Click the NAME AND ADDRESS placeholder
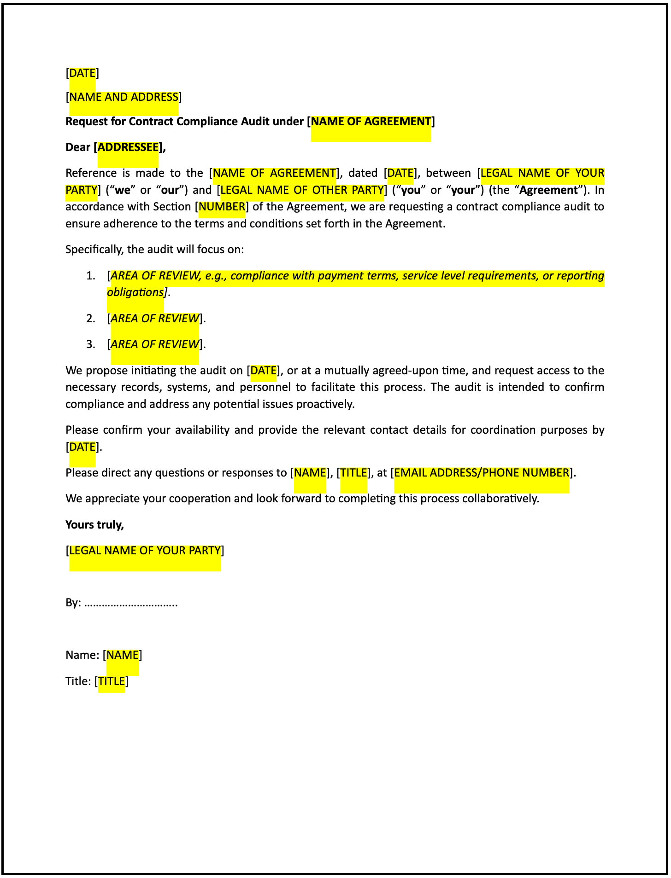[124, 97]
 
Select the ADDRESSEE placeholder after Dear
[128, 147]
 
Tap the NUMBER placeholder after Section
[222, 207]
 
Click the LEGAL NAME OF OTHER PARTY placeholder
[302, 190]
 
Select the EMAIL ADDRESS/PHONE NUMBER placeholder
[482, 473]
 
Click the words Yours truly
[94, 525]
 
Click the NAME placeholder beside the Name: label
[123, 655]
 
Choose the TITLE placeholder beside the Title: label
[112, 681]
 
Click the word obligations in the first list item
[135, 292]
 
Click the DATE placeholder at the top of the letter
[82, 73]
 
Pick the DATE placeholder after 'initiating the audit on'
[263, 371]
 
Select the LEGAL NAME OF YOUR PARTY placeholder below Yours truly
[145, 551]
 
